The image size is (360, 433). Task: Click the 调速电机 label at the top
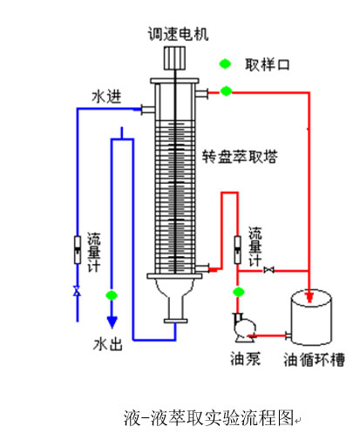(x=178, y=34)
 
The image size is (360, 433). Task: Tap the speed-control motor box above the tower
(x=175, y=58)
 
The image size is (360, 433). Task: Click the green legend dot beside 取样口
(x=225, y=64)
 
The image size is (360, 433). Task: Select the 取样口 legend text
(x=268, y=64)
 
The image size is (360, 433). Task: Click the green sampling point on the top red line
(x=226, y=91)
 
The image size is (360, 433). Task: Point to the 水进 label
(x=106, y=97)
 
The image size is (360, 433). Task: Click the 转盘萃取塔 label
(x=240, y=157)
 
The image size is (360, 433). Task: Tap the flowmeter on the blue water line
(x=78, y=250)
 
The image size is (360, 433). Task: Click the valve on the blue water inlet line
(x=77, y=290)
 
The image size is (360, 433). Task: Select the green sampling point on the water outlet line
(x=112, y=295)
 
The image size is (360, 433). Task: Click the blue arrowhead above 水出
(x=112, y=321)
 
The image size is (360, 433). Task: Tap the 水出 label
(x=108, y=344)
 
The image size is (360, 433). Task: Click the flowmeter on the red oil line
(x=237, y=250)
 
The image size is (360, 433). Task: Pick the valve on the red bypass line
(x=268, y=270)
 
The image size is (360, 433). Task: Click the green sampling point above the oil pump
(x=239, y=292)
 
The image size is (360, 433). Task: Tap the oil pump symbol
(x=244, y=328)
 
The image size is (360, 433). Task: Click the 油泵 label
(x=246, y=359)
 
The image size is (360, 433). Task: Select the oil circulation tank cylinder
(x=311, y=317)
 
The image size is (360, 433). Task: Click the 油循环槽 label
(x=315, y=360)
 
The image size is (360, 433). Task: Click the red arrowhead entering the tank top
(x=309, y=297)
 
